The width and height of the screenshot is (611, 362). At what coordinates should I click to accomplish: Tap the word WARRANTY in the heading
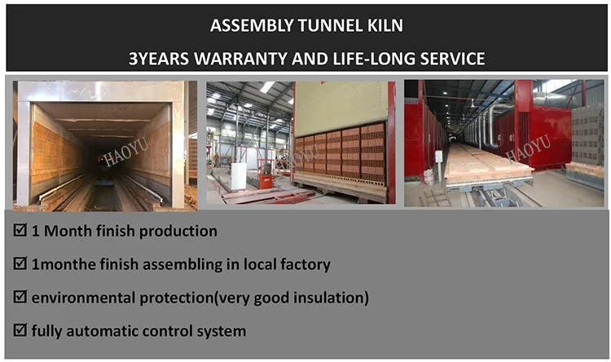click(x=241, y=59)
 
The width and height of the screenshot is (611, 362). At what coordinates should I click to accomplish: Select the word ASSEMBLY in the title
click(x=252, y=25)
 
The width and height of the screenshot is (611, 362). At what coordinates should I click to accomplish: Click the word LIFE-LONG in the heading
click(x=374, y=59)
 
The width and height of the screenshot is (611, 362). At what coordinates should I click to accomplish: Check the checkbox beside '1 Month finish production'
click(x=20, y=230)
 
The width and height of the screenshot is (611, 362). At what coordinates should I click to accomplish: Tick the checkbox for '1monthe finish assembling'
click(x=20, y=263)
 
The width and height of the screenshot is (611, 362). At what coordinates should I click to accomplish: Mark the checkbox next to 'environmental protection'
click(x=20, y=297)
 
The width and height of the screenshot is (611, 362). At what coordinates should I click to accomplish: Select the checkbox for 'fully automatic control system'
click(x=20, y=330)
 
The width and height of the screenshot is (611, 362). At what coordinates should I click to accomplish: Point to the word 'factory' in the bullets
click(x=305, y=264)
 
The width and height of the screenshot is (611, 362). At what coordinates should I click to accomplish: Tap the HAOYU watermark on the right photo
click(x=528, y=148)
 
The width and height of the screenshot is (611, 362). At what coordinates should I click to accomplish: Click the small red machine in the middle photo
click(x=266, y=181)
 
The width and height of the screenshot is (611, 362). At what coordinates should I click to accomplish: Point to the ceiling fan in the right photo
click(x=472, y=104)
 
